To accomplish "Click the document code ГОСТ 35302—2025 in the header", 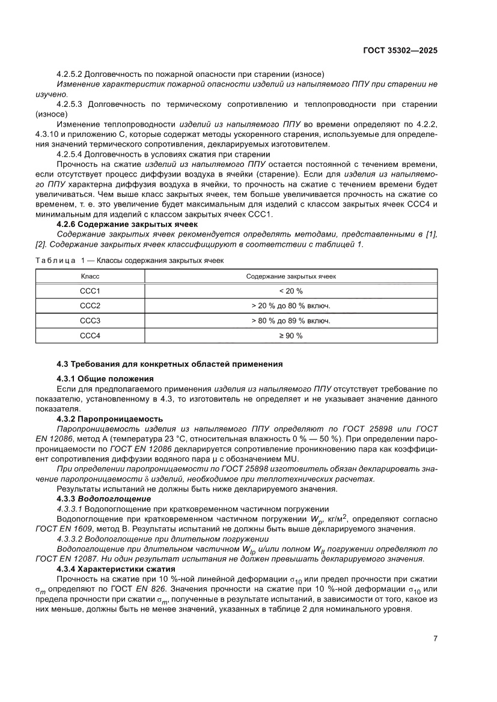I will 400,50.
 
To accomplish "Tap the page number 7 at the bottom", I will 434,638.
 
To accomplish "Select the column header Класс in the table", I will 90,276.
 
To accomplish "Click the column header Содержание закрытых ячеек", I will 291,276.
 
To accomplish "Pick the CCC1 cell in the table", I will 90,291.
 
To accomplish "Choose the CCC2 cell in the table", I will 90,306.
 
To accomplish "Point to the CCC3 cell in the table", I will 90,321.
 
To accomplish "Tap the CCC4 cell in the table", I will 90,336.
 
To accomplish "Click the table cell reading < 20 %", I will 291,291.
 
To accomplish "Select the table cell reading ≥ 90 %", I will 291,336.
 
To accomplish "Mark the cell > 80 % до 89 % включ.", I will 291,321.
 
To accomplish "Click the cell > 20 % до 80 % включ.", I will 291,306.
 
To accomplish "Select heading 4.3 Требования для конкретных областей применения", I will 169,364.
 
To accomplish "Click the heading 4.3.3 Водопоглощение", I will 103,499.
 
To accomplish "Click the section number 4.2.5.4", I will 70,154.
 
